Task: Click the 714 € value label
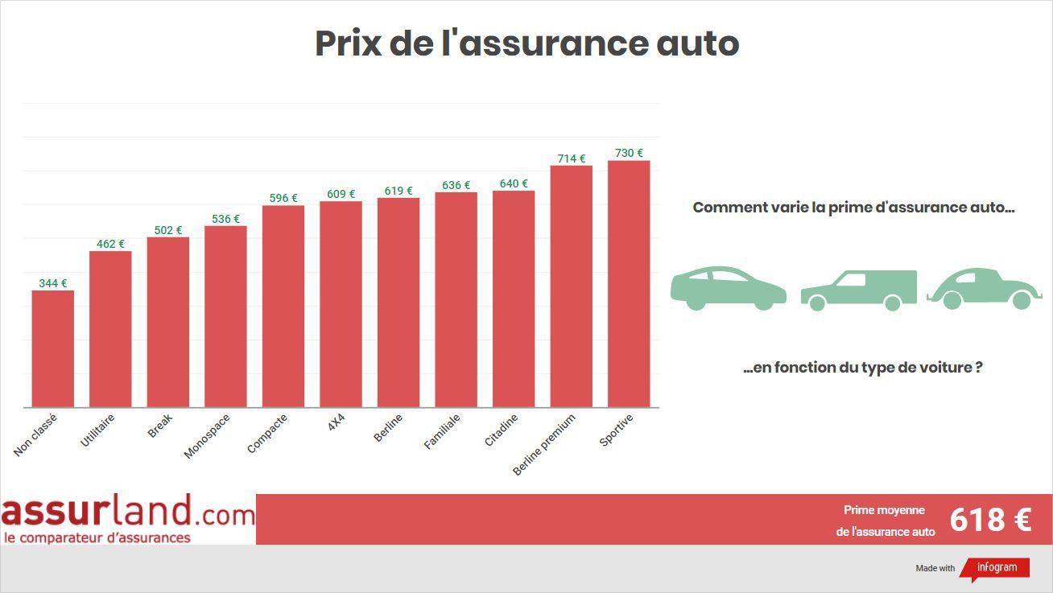tap(571, 159)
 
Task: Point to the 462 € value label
tap(110, 244)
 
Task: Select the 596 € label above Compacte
tap(283, 198)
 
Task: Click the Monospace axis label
tap(207, 436)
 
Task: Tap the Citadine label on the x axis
tap(501, 430)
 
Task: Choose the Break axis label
tap(160, 426)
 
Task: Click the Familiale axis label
tap(442, 432)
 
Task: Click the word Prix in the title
tap(348, 43)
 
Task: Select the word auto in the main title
tap(697, 43)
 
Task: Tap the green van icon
tap(859, 290)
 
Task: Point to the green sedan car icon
tap(728, 288)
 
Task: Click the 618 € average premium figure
tap(989, 520)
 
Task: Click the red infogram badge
tap(996, 568)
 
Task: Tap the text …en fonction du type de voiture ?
tap(862, 368)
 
